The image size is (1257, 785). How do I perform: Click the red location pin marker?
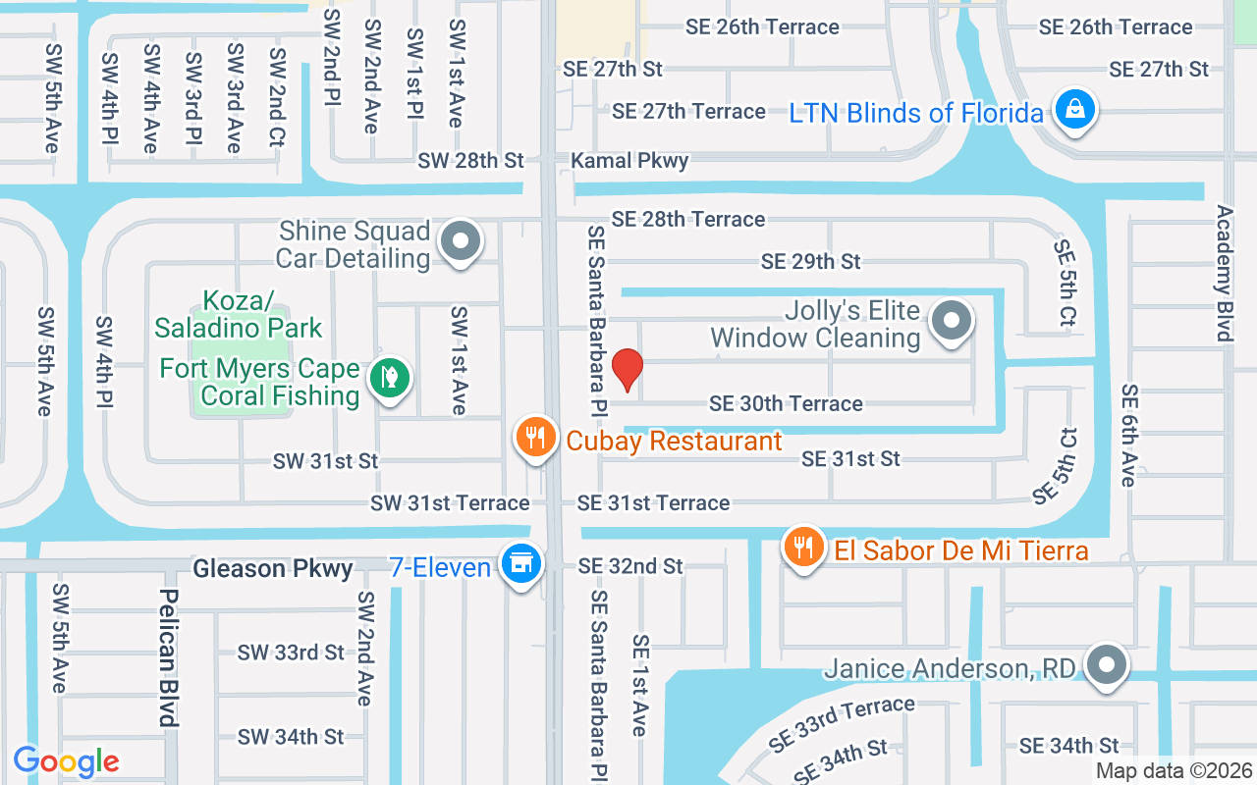(627, 370)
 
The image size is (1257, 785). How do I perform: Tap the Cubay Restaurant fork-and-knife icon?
(535, 436)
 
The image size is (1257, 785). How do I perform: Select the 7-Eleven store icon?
(519, 564)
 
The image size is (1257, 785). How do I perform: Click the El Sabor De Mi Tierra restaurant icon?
(804, 547)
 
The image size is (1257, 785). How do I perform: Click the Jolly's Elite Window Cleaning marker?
(951, 320)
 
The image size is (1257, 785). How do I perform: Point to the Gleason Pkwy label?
(273, 569)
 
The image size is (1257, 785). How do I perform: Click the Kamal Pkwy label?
(630, 160)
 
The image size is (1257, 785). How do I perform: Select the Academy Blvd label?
(1224, 273)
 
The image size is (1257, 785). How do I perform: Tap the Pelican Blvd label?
(170, 657)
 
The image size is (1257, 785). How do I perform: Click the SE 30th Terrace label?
(786, 403)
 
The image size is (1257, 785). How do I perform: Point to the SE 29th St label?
(810, 261)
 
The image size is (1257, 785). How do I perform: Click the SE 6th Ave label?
(1129, 435)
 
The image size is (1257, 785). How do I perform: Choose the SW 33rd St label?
(291, 653)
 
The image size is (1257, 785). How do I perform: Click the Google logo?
(66, 760)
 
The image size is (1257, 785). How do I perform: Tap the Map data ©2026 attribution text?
(1175, 771)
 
